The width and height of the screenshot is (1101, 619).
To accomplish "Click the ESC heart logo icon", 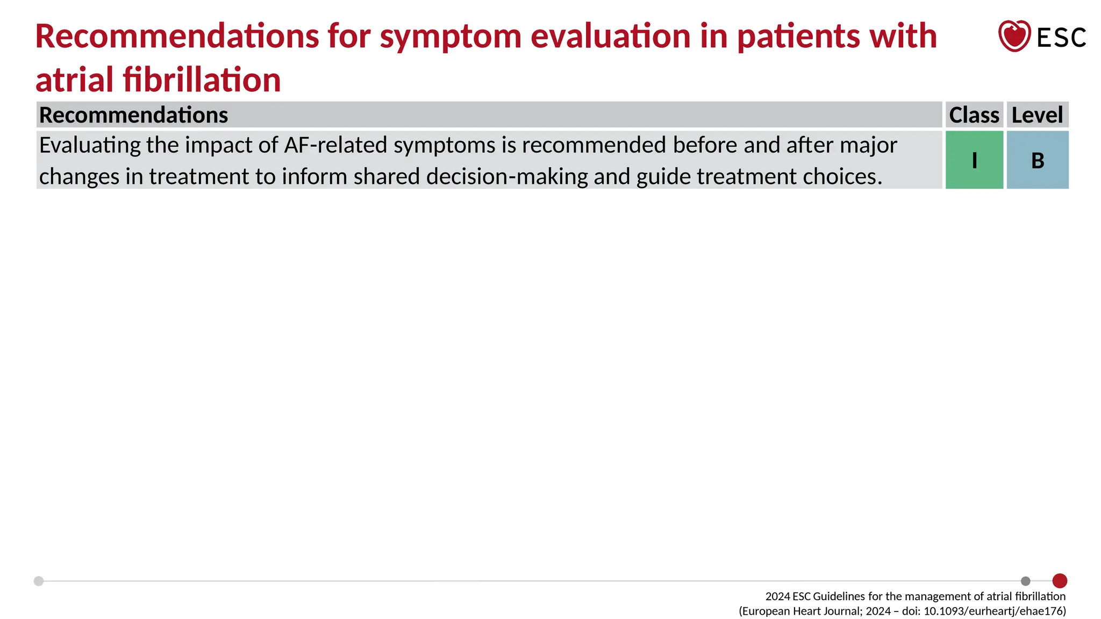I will tap(1014, 36).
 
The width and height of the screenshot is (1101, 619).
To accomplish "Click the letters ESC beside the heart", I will tap(1061, 38).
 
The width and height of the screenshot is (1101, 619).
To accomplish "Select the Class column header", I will tap(974, 115).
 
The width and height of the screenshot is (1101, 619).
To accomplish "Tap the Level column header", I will tap(1037, 115).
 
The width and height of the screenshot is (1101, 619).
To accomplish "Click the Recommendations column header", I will tap(134, 115).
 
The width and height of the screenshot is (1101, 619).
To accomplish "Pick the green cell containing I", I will tap(974, 160).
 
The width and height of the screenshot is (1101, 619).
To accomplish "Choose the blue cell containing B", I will tap(1037, 160).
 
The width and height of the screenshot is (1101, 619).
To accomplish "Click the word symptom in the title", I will tap(451, 37).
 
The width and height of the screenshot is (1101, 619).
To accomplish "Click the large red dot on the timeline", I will tap(1060, 581).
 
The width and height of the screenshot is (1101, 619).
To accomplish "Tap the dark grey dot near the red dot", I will tap(1026, 581).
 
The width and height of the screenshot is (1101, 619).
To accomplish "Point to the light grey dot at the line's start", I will tap(39, 581).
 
